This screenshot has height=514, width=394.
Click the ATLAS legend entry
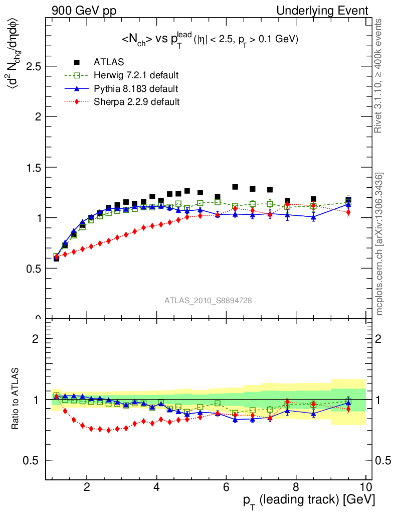106,62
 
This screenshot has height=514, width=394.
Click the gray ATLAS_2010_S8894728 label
208,301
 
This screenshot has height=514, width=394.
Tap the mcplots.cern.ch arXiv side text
380,244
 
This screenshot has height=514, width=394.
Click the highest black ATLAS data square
235,187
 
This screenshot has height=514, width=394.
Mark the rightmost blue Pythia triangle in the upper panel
348,204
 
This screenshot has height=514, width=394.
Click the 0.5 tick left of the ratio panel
34,460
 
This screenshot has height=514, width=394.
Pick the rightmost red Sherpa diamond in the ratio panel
348,409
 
